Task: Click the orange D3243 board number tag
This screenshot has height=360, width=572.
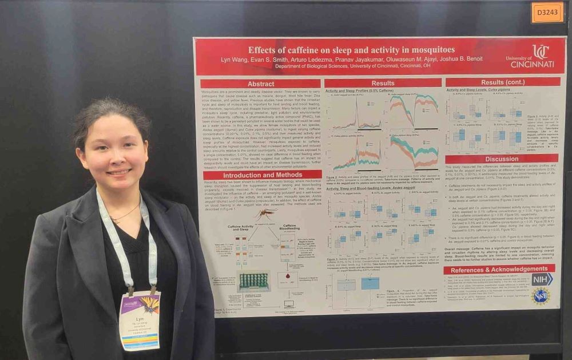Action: [x=547, y=13]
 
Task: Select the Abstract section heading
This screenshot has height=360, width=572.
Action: [x=261, y=84]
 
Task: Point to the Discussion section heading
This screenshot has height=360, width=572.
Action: [x=502, y=159]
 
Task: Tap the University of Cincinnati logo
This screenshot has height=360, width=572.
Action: [x=530, y=57]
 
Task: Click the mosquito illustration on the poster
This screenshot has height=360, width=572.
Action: [x=264, y=215]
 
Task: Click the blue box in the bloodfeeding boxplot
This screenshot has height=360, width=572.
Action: [x=370, y=283]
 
